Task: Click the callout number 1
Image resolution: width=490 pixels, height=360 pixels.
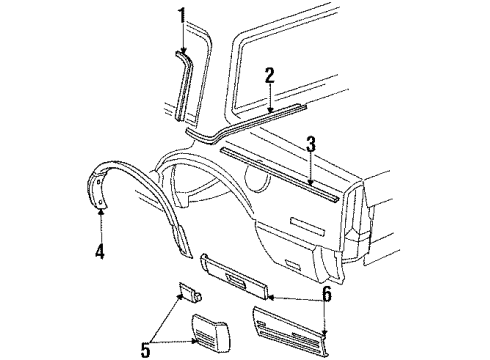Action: tap(181, 15)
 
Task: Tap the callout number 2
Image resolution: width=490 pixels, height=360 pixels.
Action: tap(269, 75)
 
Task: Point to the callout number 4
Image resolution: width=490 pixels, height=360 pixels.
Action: tap(100, 252)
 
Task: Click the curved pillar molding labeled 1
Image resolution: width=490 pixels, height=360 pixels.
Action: tap(187, 85)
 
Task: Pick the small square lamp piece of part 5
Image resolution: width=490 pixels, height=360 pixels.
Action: tap(187, 293)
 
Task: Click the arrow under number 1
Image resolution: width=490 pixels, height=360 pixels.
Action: tap(181, 38)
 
